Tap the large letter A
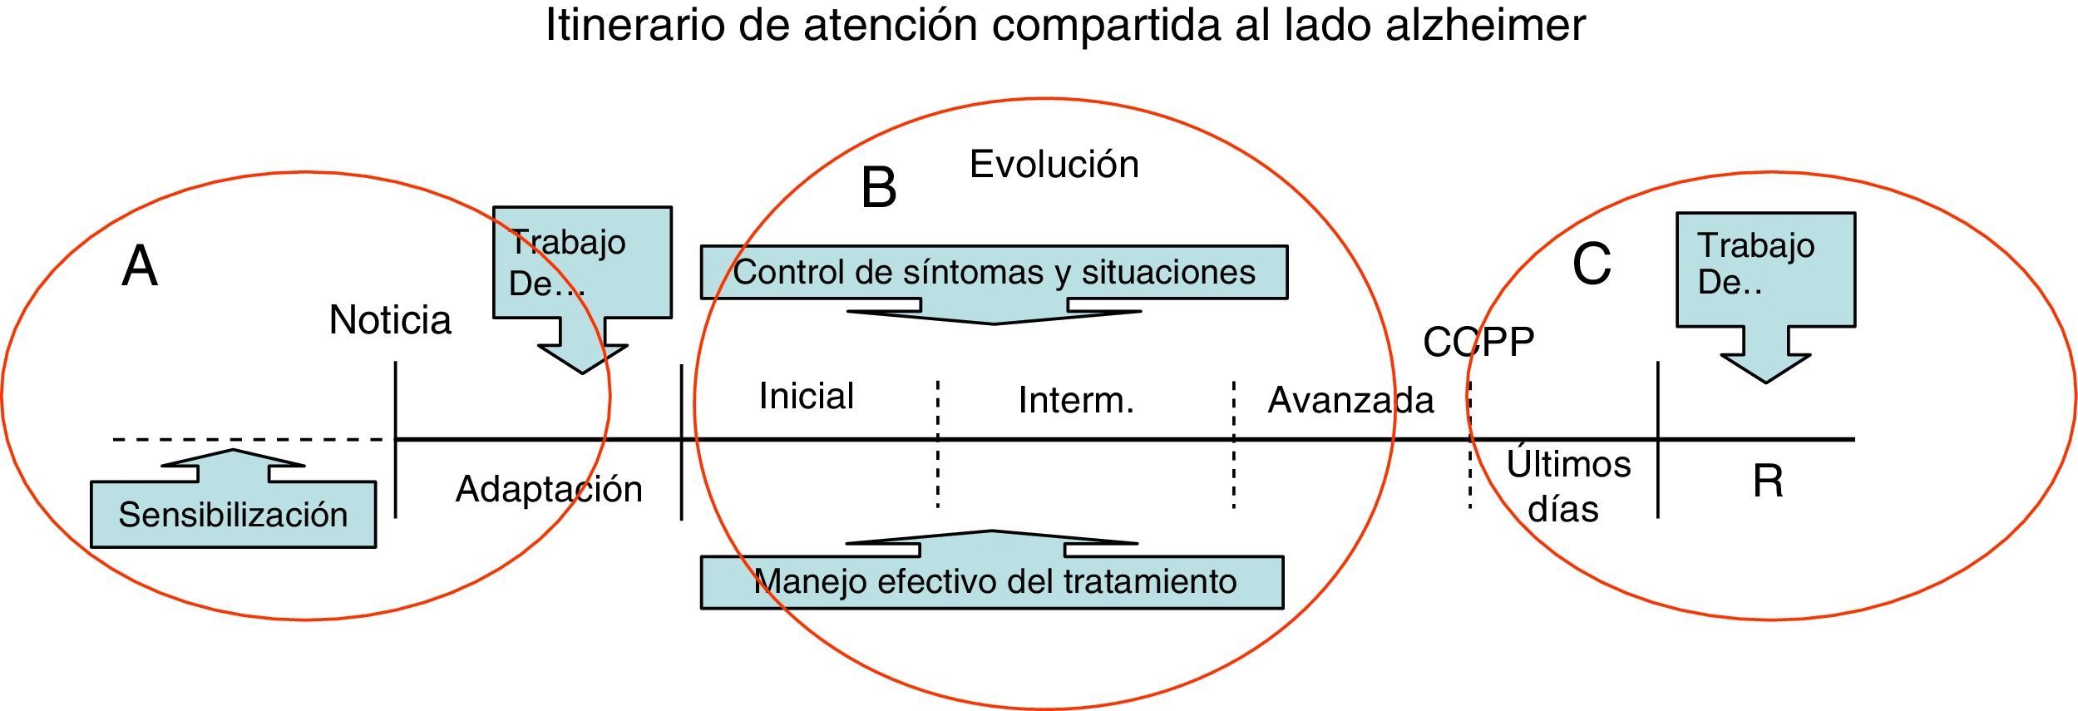coord(140,267)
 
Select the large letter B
coord(879,188)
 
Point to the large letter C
coord(1592,264)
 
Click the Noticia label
coord(390,320)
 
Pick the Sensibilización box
coord(233,515)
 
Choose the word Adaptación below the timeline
coord(549,489)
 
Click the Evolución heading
coord(1054,165)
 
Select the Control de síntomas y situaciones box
coord(994,272)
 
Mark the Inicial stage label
coord(806,396)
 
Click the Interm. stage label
coord(1076,401)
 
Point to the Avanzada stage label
coord(1350,401)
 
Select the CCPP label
coord(1478,343)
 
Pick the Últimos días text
coord(1567,486)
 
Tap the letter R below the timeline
coord(1768,481)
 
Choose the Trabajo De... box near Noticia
coord(582,262)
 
